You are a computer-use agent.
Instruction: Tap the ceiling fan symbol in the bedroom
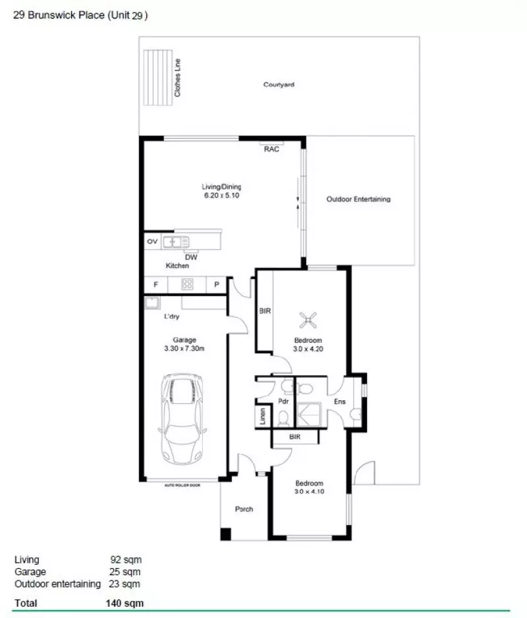tap(307, 321)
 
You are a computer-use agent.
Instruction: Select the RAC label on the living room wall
tap(271, 149)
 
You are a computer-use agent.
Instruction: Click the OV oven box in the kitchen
tap(152, 242)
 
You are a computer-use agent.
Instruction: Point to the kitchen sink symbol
tap(176, 242)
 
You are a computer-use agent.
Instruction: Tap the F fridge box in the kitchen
tap(155, 284)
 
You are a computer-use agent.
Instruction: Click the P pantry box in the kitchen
tap(216, 284)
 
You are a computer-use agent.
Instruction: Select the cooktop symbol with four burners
tap(187, 284)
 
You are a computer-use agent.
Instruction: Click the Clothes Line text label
tap(177, 78)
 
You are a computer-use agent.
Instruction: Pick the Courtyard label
tap(278, 85)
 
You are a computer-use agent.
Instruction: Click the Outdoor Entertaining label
tap(358, 199)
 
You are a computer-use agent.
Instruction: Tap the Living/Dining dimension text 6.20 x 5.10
tap(222, 196)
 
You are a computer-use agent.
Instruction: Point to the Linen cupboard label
tap(262, 417)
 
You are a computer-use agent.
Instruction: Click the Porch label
tap(244, 509)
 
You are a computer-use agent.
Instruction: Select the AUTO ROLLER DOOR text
tap(182, 485)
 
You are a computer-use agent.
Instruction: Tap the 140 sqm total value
tap(125, 602)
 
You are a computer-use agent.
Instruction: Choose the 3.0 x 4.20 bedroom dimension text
tap(308, 349)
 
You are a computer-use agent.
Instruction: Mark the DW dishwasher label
tap(190, 257)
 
